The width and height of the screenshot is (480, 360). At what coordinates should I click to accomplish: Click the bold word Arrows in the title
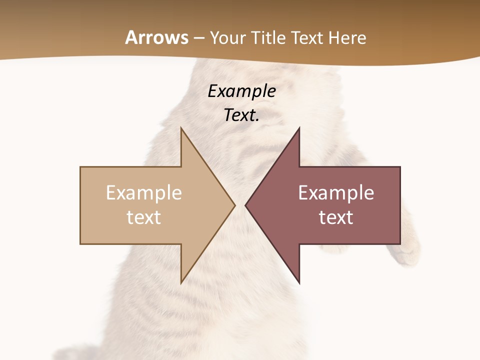tap(157, 37)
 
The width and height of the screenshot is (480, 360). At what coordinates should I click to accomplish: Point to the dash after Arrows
tap(199, 38)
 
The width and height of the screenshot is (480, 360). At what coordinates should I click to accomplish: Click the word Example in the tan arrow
tap(144, 192)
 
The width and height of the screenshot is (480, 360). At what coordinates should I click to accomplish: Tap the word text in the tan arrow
tap(144, 217)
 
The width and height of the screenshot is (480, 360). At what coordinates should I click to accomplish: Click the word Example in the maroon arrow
tap(336, 192)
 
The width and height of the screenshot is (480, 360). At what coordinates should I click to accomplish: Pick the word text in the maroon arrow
tap(336, 217)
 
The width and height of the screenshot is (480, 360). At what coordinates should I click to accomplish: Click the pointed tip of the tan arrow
tap(233, 205)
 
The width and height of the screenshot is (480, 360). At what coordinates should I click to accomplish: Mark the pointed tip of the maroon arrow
tap(246, 205)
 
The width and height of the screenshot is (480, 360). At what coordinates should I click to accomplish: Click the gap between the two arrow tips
tap(240, 205)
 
